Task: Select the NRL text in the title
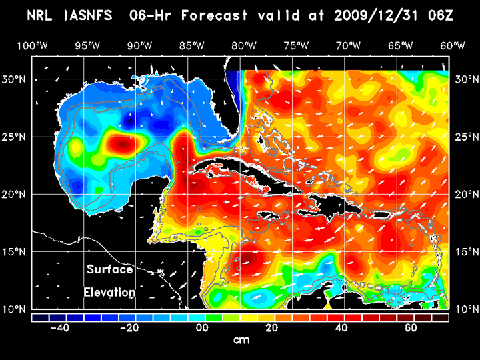[x=41, y=15]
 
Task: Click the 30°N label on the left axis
[x=15, y=79]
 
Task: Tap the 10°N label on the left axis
[x=15, y=309]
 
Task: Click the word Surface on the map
[x=110, y=270]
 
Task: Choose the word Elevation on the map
[x=110, y=292]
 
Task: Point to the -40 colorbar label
[x=59, y=328]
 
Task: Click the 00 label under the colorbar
[x=199, y=328]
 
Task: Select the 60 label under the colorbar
[x=411, y=328]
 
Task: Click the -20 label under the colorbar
[x=129, y=328]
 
